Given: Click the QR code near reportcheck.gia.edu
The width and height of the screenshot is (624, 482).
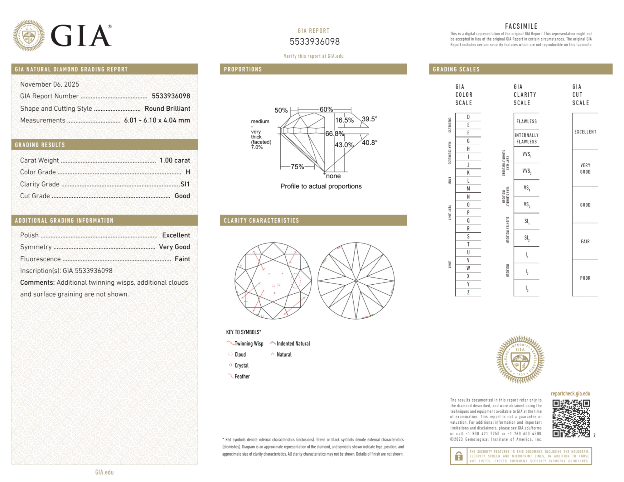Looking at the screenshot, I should tap(571, 418).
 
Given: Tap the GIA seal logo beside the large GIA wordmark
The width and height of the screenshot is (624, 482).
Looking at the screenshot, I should tap(29, 36).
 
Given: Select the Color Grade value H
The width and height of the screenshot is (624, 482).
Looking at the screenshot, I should tap(188, 172).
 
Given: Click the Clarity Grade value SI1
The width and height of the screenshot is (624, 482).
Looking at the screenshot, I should tap(185, 184).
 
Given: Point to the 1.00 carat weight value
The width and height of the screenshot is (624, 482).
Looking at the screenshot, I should tap(175, 160).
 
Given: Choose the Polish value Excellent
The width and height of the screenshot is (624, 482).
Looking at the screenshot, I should tap(176, 235).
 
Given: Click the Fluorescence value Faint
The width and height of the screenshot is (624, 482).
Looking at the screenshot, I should tap(182, 259).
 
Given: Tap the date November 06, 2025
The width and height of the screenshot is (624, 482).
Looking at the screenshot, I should tap(50, 84).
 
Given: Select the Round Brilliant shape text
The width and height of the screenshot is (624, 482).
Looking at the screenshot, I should tap(167, 108).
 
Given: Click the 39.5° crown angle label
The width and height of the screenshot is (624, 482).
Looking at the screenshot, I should tap(369, 119).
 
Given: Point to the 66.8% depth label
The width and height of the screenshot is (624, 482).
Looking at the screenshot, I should tap(334, 134).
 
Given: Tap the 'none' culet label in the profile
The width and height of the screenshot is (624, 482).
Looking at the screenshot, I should tap(333, 176).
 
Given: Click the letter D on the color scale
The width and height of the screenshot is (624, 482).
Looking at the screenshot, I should tap(468, 117).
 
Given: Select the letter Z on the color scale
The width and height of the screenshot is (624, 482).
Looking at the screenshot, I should tap(468, 292).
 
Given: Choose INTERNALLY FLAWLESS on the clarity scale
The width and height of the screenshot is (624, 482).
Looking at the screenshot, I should tap(526, 138).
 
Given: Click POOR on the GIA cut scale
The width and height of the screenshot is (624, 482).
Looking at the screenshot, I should tap(585, 278).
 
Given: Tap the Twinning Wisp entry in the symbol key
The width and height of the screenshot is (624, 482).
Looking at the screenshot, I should tap(249, 344).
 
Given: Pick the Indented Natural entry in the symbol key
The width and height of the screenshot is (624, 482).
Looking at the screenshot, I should tap(293, 344).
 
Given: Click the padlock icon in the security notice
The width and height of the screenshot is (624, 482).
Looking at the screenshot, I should tap(458, 456).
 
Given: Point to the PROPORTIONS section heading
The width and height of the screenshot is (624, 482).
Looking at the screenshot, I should tap(243, 69).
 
